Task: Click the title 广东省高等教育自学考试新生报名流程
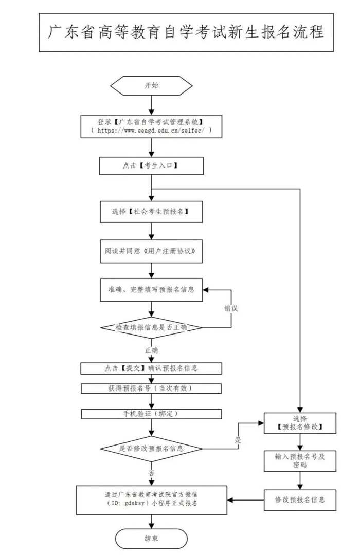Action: (186, 32)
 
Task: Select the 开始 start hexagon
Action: (151, 85)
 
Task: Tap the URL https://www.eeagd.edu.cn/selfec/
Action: (151, 132)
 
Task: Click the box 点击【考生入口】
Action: (151, 166)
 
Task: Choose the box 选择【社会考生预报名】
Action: (151, 211)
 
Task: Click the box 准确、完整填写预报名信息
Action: (151, 290)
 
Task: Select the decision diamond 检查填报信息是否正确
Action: (151, 327)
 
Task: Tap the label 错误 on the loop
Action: (231, 309)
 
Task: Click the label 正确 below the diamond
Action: (151, 350)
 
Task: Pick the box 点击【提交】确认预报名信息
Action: (151, 368)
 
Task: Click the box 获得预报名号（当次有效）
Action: (151, 388)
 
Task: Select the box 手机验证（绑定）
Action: (151, 414)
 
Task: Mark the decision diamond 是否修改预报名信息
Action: (151, 449)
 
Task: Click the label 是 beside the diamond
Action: (238, 440)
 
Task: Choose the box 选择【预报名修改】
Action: (300, 423)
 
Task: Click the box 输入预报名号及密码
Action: (300, 460)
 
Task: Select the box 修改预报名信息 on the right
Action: (300, 499)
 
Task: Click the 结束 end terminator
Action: (151, 539)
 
